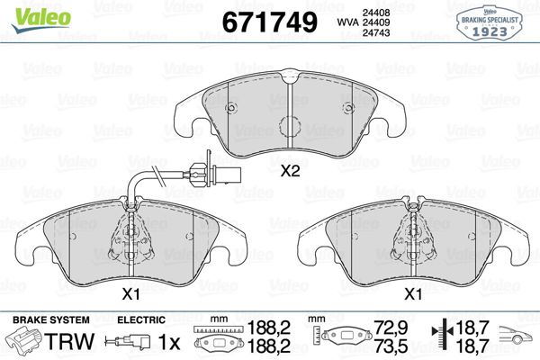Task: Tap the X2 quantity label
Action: point(290,171)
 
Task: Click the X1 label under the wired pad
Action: point(131,293)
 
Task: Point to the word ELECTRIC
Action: point(140,319)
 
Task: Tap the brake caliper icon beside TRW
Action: point(24,342)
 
